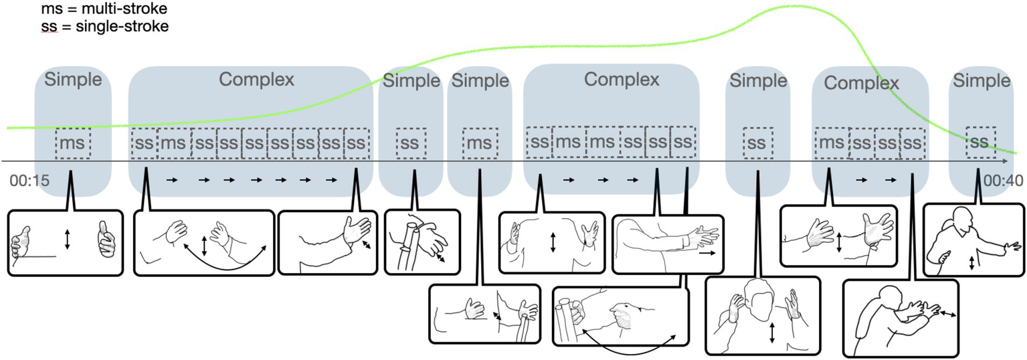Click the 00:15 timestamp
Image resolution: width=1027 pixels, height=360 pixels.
(x=27, y=181)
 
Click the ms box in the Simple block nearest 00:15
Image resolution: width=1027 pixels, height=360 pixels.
(x=72, y=143)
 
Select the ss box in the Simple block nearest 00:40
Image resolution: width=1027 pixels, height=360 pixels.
(x=979, y=141)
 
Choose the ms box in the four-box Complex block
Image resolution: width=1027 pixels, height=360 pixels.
(x=831, y=143)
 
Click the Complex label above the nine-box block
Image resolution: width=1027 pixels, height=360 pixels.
(x=256, y=79)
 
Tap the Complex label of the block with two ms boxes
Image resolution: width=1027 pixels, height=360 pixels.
(x=622, y=79)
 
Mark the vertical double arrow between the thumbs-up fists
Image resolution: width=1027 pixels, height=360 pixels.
(x=67, y=240)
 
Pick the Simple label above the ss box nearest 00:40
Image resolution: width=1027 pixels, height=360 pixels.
(x=982, y=80)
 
